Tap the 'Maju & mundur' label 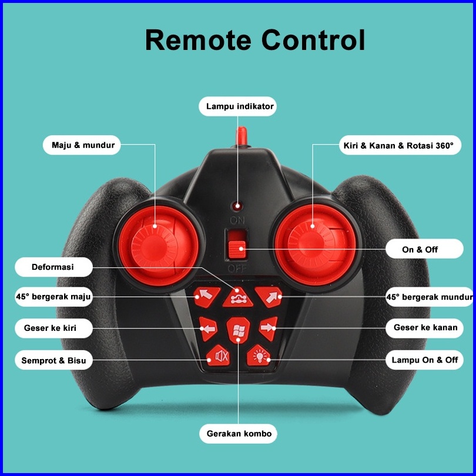pyautogui.click(x=82, y=145)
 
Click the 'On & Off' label pyautogui.click(x=420, y=249)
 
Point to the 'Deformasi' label pyautogui.click(x=53, y=267)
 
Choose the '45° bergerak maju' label pyautogui.click(x=53, y=297)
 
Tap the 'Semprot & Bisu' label pyautogui.click(x=53, y=360)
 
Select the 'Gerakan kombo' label pyautogui.click(x=239, y=434)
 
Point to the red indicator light pyautogui.click(x=237, y=206)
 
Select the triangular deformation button pyautogui.click(x=237, y=298)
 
